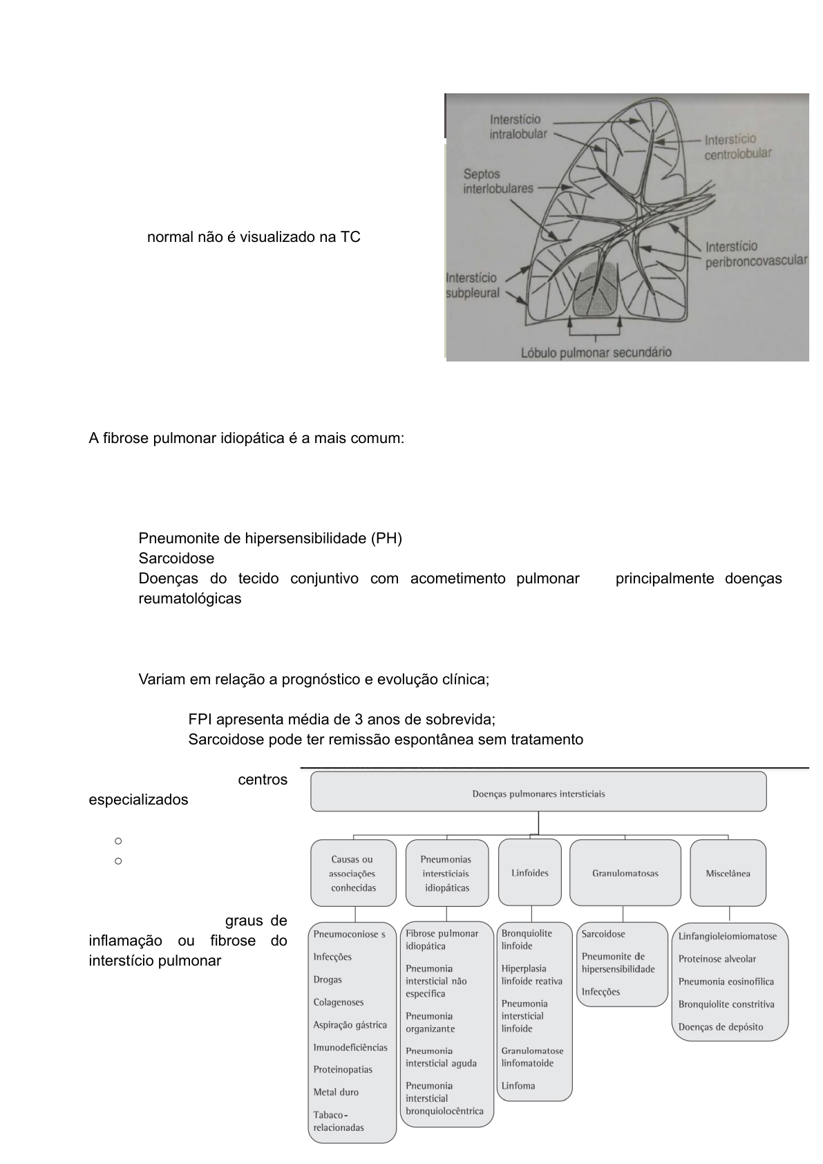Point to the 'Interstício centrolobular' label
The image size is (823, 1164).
pos(737,147)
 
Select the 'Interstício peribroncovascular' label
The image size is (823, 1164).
pos(756,254)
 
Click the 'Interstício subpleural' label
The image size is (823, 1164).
pos(473,285)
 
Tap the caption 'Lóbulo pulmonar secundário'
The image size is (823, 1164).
pos(596,353)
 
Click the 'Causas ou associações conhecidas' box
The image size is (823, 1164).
pos(353,873)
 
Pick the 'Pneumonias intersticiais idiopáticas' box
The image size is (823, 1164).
pos(446,873)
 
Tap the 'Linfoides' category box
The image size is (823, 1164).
pos(529,872)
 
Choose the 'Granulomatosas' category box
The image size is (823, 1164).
pos(625,872)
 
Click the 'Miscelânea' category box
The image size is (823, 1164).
pos(728,872)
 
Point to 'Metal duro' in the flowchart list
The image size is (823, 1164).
pos(336,1092)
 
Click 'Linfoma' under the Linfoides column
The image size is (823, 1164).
pos(518,1085)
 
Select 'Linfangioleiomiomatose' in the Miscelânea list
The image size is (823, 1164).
pos(728,936)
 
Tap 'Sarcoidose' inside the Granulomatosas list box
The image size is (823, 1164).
pos(603,934)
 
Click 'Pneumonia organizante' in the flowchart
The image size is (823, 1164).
pos(430,1022)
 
